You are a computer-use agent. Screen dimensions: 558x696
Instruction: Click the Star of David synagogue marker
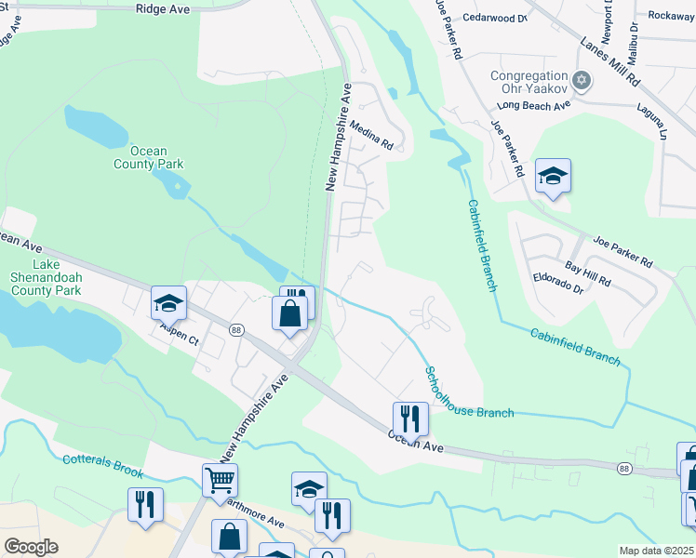582,80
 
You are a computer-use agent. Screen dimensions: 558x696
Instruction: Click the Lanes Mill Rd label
610,61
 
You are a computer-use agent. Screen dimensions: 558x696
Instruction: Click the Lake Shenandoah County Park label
46,284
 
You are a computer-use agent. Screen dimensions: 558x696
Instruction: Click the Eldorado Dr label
557,290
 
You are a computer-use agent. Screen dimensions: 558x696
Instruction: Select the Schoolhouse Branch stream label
469,392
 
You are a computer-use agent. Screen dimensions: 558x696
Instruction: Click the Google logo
31,546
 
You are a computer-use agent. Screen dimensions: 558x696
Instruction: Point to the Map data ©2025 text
655,551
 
